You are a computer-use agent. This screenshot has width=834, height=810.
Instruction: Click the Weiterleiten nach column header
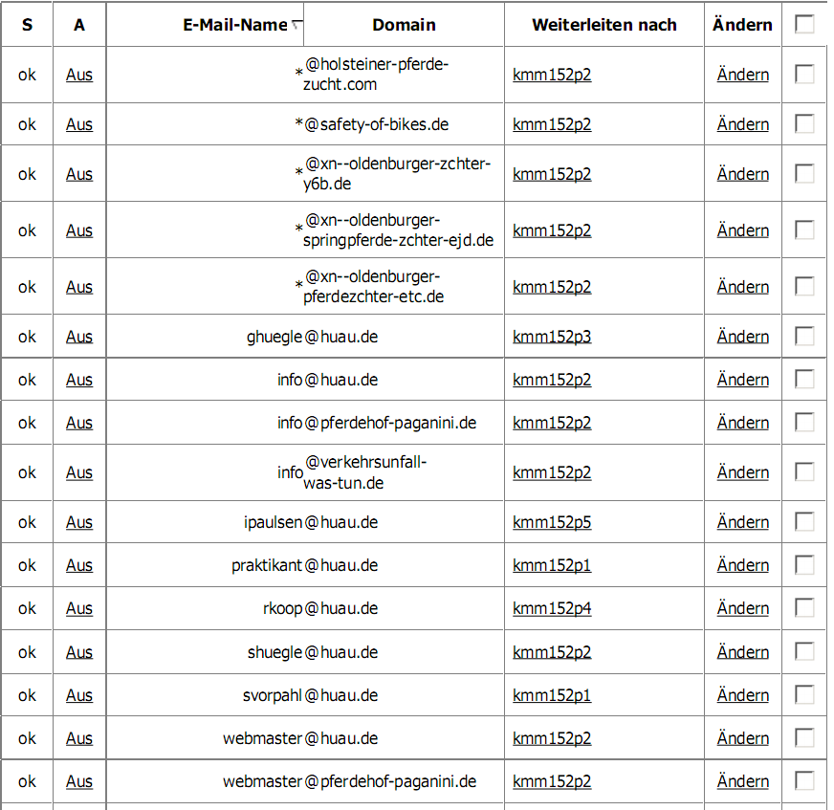604,25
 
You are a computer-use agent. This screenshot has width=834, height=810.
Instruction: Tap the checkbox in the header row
804,24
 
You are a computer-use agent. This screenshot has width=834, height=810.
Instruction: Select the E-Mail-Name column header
234,25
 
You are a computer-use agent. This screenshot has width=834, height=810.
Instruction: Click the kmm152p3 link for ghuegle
552,337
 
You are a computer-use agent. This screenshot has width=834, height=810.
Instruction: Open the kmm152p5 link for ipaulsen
552,522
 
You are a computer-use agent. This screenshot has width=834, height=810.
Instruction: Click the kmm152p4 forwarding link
552,608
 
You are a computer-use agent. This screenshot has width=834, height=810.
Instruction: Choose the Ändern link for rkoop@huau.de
742,608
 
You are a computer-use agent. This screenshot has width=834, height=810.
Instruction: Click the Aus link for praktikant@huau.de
79,565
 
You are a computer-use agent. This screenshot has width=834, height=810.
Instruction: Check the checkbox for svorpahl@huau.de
804,694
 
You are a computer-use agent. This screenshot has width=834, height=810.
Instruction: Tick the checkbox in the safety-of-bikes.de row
804,123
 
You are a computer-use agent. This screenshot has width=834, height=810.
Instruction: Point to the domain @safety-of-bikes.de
376,124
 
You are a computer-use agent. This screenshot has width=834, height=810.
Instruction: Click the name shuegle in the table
274,652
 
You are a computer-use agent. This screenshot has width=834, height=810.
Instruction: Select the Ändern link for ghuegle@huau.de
742,337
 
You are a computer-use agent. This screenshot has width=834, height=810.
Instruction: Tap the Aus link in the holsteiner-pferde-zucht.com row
79,75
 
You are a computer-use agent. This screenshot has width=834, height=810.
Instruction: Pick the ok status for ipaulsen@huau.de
27,522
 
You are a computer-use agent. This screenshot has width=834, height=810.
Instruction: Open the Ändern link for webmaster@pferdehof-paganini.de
742,781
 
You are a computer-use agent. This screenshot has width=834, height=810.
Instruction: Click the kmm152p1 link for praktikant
552,565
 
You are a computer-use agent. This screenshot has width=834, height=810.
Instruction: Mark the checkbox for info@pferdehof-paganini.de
804,422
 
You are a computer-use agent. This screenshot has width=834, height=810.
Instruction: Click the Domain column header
404,25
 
